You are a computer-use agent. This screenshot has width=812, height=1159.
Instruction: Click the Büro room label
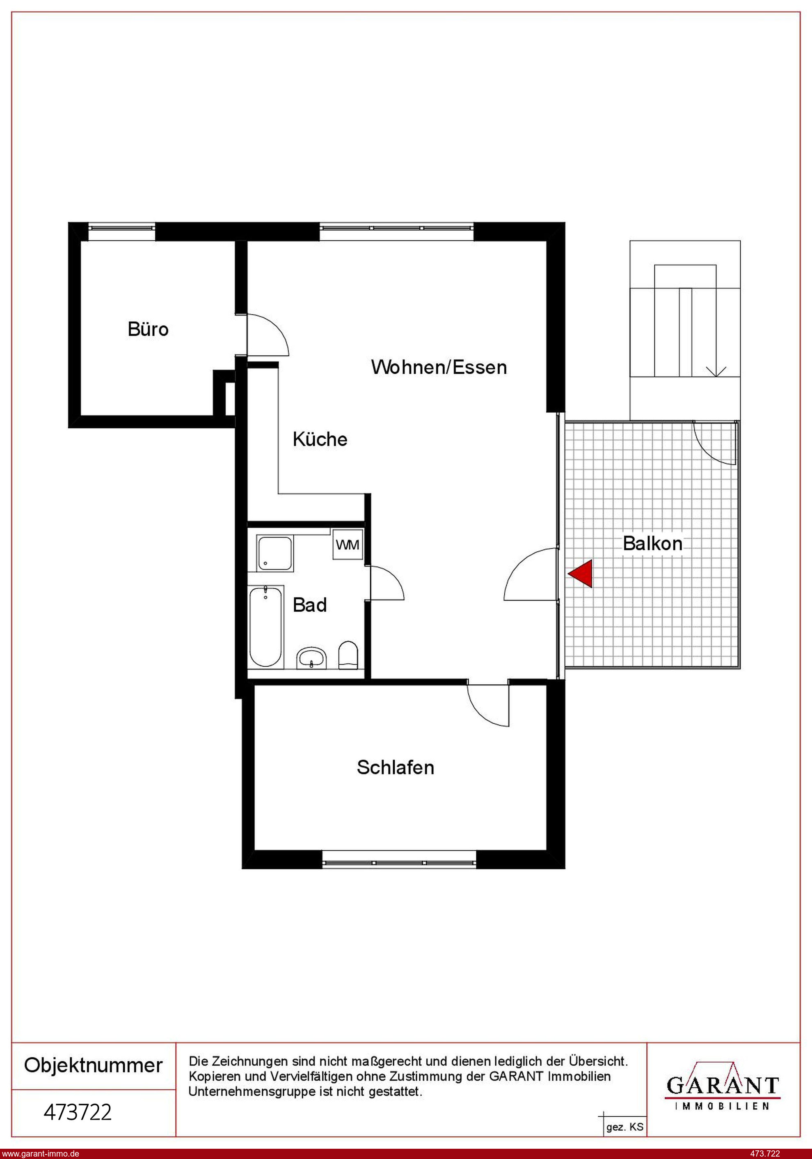click(148, 329)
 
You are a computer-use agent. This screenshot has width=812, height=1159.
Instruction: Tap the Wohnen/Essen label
click(439, 367)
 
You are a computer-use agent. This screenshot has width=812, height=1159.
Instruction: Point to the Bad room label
click(309, 605)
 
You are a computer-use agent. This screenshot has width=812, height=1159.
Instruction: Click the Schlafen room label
click(396, 767)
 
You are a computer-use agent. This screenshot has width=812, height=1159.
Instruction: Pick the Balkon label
click(652, 544)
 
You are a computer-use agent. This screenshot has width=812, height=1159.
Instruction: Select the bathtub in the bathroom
click(265, 626)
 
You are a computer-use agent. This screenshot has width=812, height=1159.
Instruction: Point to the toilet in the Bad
click(348, 655)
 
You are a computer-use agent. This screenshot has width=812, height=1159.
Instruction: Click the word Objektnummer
click(94, 1065)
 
